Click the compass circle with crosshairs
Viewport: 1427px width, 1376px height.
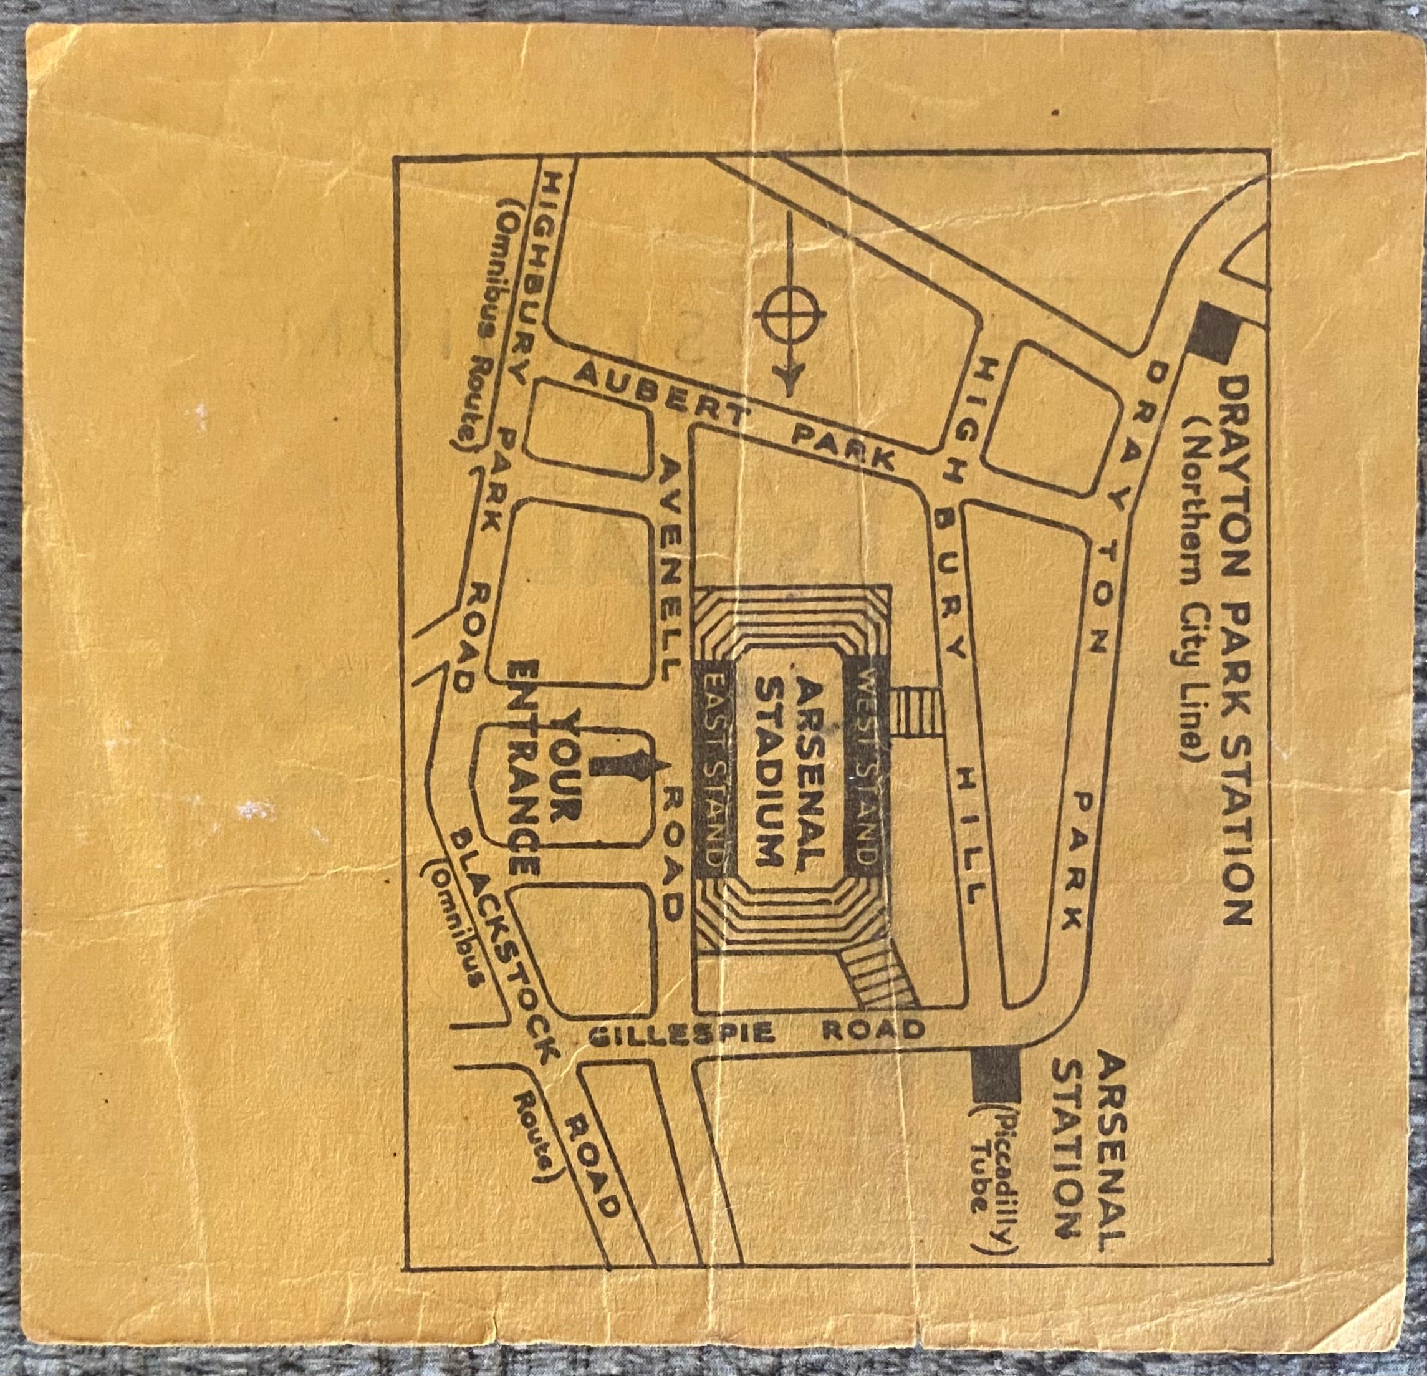(x=789, y=314)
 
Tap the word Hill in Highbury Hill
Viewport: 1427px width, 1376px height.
(x=971, y=837)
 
